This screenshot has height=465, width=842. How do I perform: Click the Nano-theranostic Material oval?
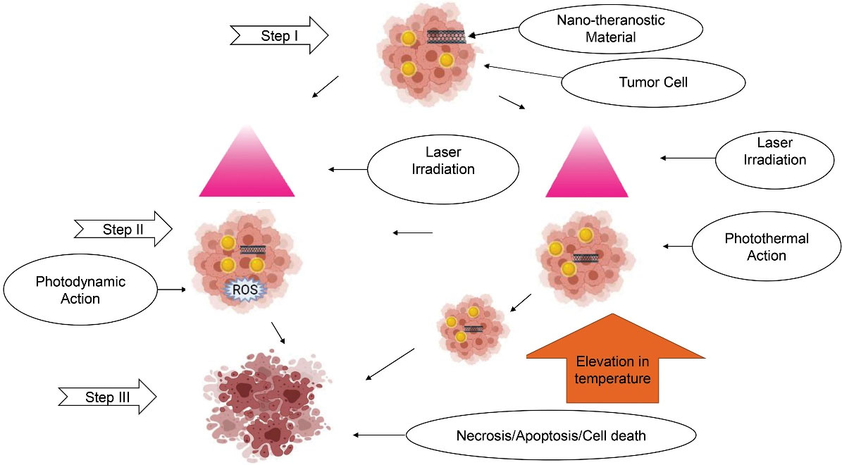tap(611, 28)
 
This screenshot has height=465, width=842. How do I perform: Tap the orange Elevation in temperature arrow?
tap(615, 359)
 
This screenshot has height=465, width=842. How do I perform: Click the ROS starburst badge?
tap(241, 290)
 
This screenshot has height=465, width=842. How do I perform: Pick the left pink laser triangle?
tap(246, 162)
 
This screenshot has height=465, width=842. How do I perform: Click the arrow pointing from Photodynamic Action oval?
tap(172, 289)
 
